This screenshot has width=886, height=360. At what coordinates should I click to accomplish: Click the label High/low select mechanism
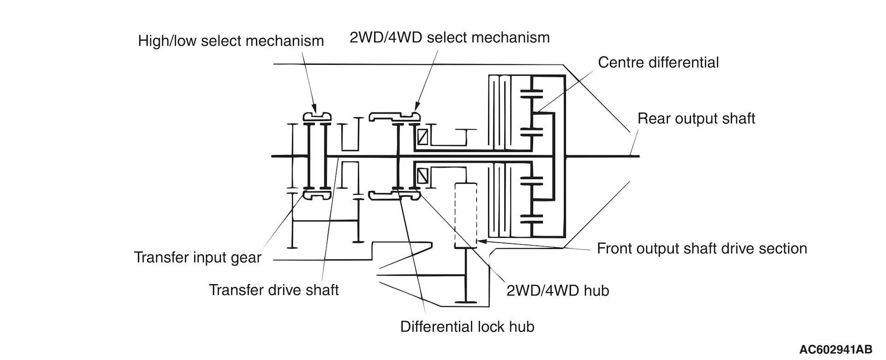click(231, 41)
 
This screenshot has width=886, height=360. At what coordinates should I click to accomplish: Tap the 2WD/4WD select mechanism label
click(449, 37)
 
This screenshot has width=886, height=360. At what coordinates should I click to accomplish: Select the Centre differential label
click(658, 62)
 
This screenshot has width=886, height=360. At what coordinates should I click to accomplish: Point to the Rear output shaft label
click(696, 119)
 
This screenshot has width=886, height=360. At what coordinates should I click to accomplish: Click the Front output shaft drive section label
click(701, 249)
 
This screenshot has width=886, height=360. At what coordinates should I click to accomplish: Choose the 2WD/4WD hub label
click(557, 290)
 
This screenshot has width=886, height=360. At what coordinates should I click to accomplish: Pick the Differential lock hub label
click(467, 327)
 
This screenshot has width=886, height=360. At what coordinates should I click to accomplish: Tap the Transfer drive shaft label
click(274, 290)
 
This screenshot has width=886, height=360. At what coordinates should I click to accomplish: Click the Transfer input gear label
click(198, 258)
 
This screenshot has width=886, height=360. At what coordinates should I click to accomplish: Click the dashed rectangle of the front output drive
click(465, 215)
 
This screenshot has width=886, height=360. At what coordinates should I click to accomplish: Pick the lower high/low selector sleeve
click(317, 196)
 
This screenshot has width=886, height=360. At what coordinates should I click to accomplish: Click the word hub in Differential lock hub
click(522, 327)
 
